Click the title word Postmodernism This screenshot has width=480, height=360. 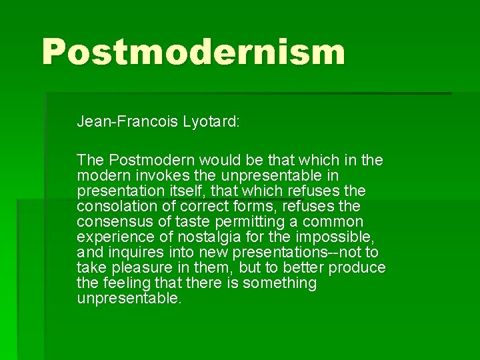(x=193, y=51)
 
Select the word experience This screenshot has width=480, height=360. (x=112, y=237)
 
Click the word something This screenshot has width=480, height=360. (x=279, y=283)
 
